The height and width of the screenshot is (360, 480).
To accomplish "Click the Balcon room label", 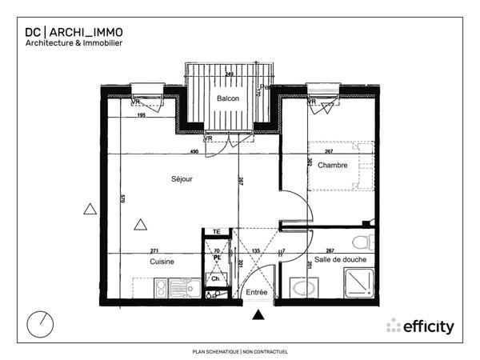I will click(228, 98).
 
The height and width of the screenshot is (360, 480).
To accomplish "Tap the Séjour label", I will click(182, 179).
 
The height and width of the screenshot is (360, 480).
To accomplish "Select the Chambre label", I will click(332, 166).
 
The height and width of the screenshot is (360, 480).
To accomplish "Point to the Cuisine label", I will click(162, 262).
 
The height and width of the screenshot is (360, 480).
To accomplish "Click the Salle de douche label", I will click(341, 260).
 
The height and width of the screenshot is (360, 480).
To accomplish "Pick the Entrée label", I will click(256, 293).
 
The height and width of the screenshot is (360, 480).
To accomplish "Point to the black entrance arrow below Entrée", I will click(258, 316).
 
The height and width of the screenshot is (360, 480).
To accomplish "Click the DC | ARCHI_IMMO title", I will click(74, 32).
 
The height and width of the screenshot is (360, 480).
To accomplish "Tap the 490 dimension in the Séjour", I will click(194, 152).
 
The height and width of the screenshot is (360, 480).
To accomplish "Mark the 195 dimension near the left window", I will click(142, 116).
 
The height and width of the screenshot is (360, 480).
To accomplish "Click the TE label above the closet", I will click(216, 232).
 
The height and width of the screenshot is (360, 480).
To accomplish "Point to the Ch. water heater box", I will click(215, 278).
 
